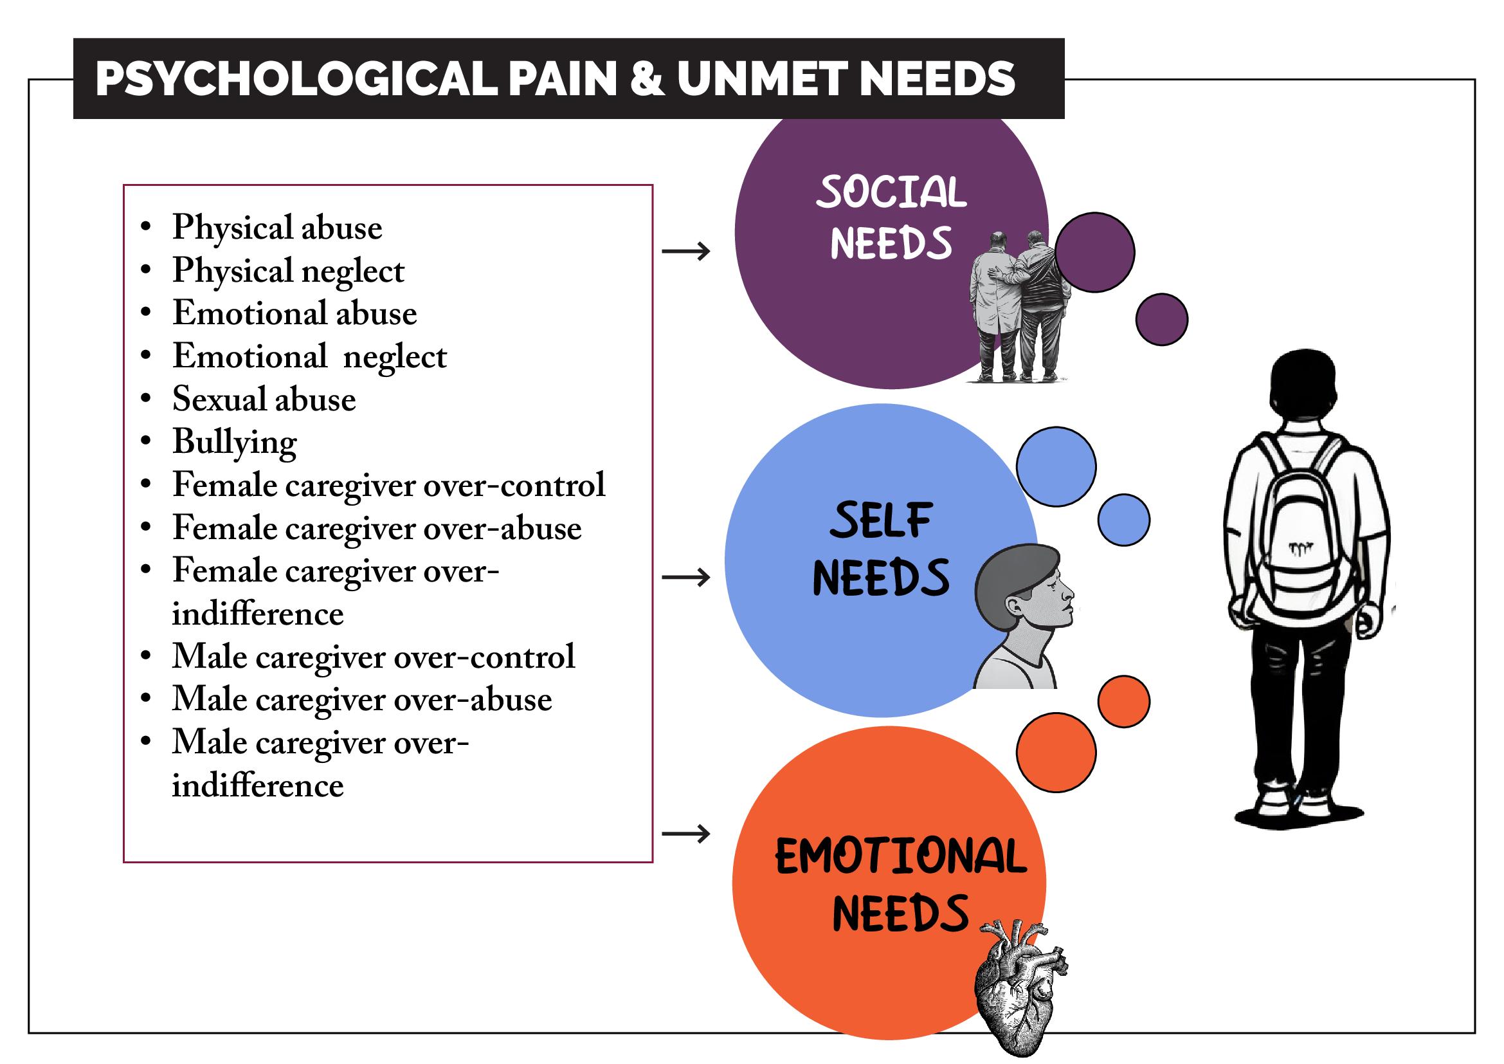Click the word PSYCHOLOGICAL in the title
pos(296,78)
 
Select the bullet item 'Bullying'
pos(235,442)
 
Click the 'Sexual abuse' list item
pos(264,399)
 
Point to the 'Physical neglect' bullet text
pos(288,271)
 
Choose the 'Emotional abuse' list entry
pos(294,313)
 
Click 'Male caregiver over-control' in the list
pos(374,657)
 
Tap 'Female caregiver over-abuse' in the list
pos(377,528)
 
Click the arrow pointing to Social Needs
pos(686,250)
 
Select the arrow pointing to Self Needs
pos(686,577)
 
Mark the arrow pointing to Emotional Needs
pos(686,834)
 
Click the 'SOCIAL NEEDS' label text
pos(891,217)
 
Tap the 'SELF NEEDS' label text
pos(881,549)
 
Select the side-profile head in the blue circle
pos(1022,616)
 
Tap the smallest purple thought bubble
pos(1161,319)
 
